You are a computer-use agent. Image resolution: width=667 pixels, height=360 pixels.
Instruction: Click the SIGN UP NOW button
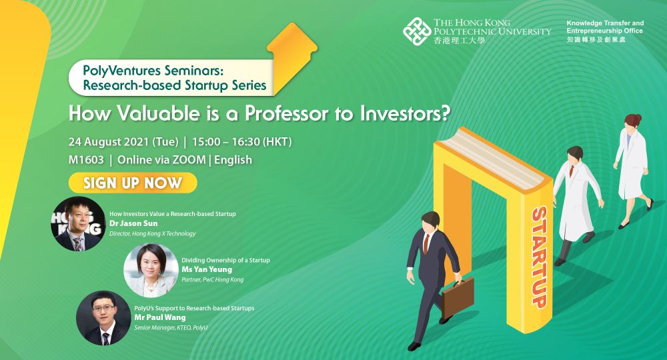(x=133, y=183)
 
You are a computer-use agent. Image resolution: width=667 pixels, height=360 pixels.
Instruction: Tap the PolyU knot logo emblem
(x=417, y=31)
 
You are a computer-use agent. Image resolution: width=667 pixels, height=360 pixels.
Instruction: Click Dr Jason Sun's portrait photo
(x=78, y=223)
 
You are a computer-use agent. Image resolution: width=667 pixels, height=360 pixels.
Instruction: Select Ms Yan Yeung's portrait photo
(x=151, y=270)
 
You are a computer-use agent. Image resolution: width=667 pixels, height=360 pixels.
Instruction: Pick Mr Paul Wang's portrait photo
(x=103, y=318)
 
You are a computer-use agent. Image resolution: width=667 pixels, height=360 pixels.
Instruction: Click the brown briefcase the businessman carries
(x=458, y=297)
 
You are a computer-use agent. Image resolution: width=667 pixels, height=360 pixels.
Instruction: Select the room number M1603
(x=86, y=160)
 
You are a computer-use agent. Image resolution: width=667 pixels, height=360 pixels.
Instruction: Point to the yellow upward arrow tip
(x=292, y=24)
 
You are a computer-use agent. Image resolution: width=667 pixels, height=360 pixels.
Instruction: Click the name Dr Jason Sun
(x=133, y=223)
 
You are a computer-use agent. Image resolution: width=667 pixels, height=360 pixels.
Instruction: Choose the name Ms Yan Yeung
(x=207, y=269)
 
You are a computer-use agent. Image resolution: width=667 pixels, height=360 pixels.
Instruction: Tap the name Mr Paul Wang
(x=160, y=317)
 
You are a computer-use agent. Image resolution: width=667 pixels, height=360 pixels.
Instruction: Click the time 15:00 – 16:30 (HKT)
(x=242, y=141)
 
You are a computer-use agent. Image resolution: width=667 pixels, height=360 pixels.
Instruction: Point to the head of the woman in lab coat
(x=632, y=122)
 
